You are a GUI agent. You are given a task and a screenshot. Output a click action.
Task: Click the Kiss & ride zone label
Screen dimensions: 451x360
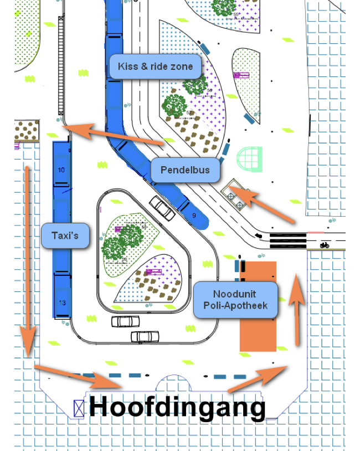[x=155, y=66]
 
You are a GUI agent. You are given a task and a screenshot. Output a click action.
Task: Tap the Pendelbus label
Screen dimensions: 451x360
[x=185, y=170]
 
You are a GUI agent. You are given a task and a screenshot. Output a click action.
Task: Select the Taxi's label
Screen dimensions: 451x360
[x=65, y=235]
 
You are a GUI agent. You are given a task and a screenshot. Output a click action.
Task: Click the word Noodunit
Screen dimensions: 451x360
[x=235, y=294]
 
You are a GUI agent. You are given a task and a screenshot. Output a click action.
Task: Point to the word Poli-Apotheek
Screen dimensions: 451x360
[x=235, y=305]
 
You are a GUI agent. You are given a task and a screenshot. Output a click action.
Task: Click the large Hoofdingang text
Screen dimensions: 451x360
[x=177, y=407]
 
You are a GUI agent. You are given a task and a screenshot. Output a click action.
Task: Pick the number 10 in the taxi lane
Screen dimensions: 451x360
[x=61, y=170]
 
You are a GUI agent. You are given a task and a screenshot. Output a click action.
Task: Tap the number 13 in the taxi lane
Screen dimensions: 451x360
[x=61, y=303]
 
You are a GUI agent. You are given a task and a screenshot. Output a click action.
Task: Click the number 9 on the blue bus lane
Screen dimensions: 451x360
[x=194, y=215]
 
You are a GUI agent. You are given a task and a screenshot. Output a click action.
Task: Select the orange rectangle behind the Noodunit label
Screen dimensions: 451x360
[x=258, y=332]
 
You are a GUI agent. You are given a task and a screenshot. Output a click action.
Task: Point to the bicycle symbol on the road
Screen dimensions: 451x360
[x=325, y=244]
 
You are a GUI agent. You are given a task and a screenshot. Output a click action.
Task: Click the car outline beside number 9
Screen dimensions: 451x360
[x=163, y=208]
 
